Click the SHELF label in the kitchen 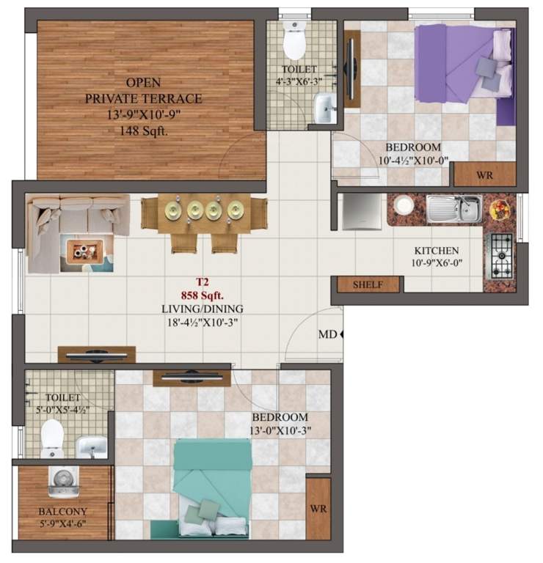click(368, 284)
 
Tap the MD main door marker click(327, 334)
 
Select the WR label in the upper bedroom click(484, 175)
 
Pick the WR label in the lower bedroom click(318, 508)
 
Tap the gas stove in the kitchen click(502, 254)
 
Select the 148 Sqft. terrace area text click(144, 131)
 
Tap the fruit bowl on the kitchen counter click(500, 208)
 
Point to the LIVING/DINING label click(202, 309)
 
